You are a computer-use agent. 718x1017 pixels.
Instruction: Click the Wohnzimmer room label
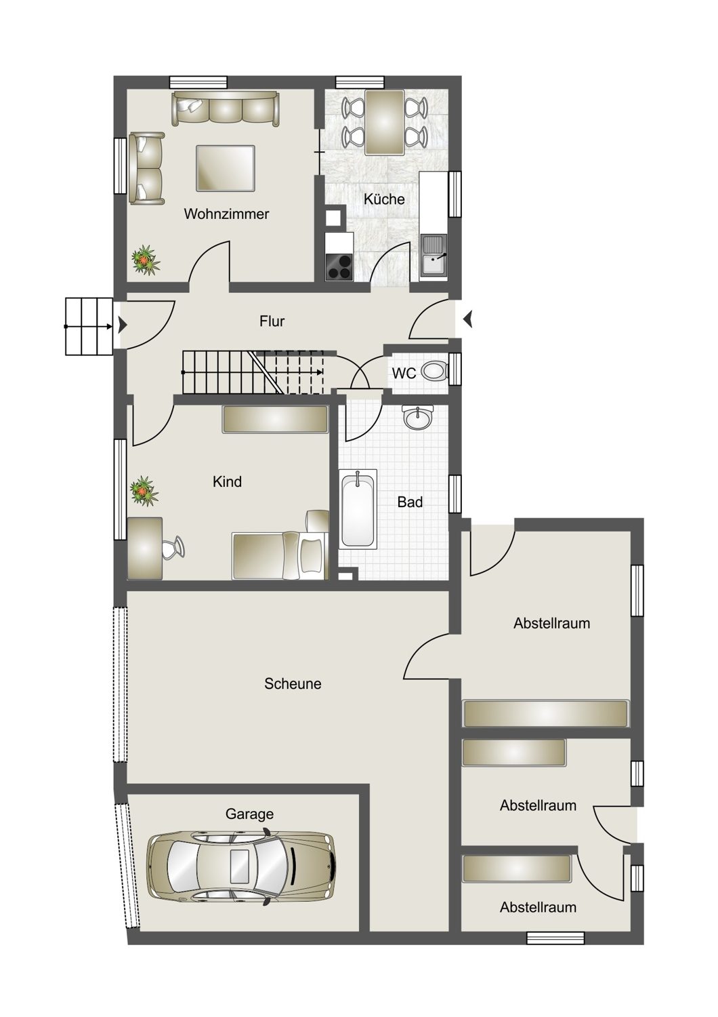click(x=226, y=214)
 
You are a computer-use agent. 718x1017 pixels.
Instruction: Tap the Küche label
click(x=384, y=199)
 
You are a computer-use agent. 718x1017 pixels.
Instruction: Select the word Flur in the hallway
click(x=272, y=321)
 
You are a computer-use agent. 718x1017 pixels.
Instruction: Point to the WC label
click(x=404, y=373)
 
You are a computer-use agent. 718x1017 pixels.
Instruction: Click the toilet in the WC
click(x=434, y=372)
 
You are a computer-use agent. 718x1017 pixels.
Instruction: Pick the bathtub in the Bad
click(x=358, y=509)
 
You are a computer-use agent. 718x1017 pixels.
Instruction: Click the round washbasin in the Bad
click(x=418, y=418)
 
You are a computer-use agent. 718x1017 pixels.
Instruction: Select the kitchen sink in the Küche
click(x=434, y=256)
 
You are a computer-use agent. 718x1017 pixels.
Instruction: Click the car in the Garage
click(x=241, y=865)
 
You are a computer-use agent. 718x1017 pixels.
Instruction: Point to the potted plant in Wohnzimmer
click(x=145, y=260)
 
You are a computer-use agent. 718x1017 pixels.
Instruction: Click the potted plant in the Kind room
click(x=144, y=492)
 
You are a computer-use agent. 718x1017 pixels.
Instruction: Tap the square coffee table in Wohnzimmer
click(x=226, y=168)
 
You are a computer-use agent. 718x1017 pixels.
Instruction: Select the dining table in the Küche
click(x=385, y=123)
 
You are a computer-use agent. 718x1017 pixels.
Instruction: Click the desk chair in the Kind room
click(x=174, y=547)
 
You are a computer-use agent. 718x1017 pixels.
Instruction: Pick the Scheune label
click(x=293, y=683)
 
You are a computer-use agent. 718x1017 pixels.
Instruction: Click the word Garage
click(x=249, y=814)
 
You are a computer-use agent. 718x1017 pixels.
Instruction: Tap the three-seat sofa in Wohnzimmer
click(x=225, y=108)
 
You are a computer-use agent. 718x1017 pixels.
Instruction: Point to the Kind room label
click(x=227, y=481)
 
